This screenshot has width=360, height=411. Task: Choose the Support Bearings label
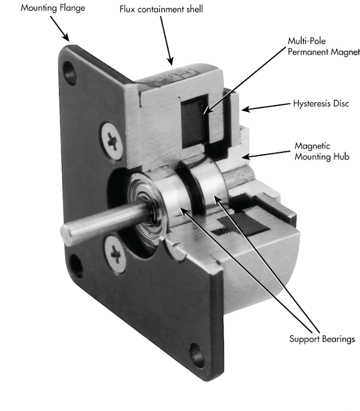click(x=322, y=338)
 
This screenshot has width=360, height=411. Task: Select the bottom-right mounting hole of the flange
click(x=197, y=354)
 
